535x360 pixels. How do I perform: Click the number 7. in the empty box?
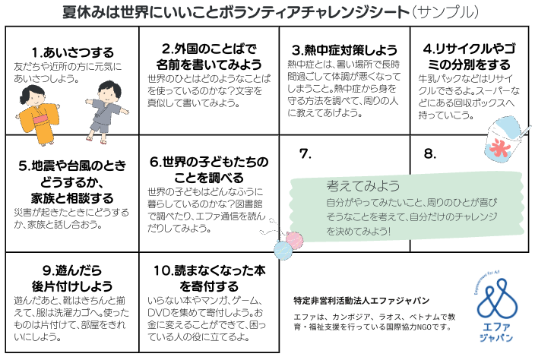305,153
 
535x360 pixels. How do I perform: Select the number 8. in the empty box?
430,153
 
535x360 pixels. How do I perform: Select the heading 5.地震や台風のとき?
69,165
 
